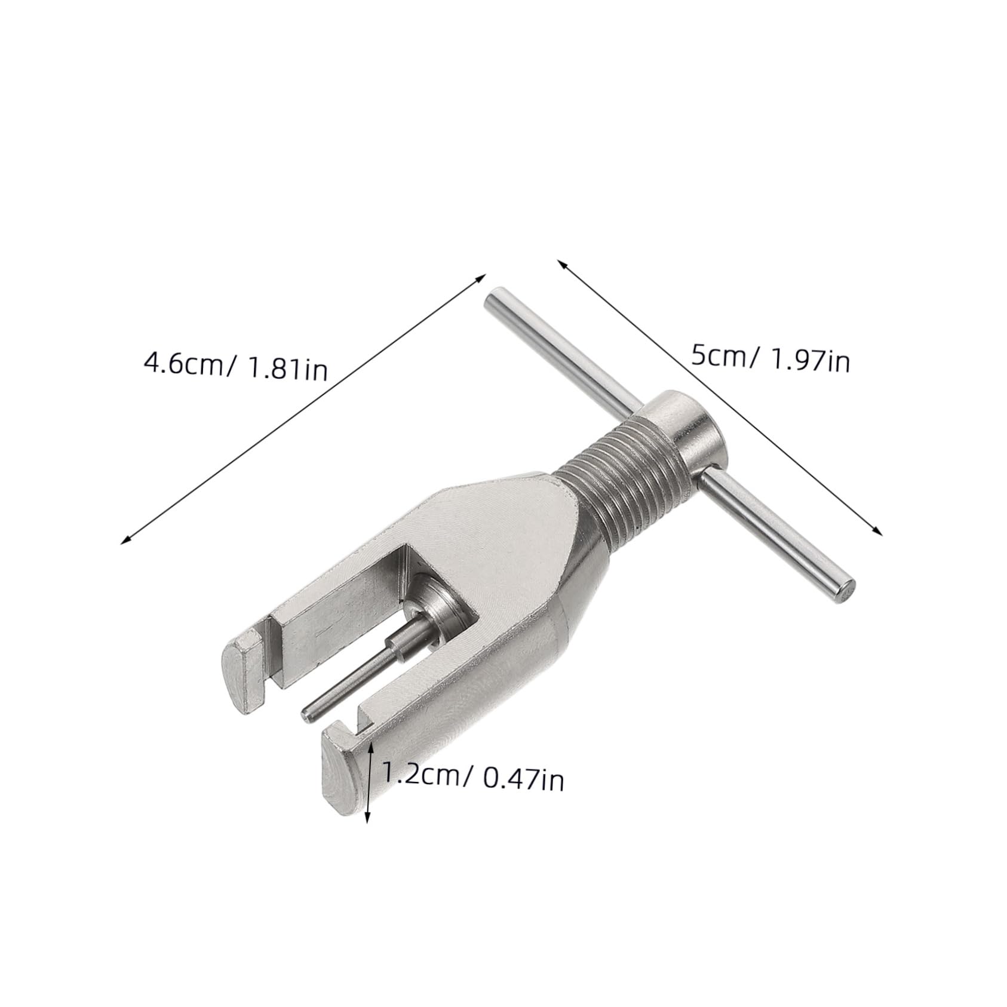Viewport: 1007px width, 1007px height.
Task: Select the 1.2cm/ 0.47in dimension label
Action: pyautogui.click(x=472, y=778)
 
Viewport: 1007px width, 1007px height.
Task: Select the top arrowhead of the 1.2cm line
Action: pyautogui.click(x=372, y=744)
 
